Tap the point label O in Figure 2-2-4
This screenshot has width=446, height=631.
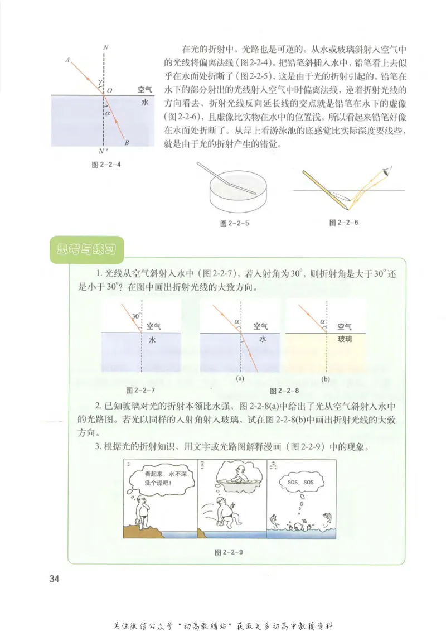tap(109, 89)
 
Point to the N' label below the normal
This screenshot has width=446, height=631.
tap(101, 151)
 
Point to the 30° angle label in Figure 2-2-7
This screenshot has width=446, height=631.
tap(135, 316)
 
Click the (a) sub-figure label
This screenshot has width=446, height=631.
tap(240, 378)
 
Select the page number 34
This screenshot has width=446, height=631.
tap(54, 578)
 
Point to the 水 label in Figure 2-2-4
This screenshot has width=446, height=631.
tap(144, 103)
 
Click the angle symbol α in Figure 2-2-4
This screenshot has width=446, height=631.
tap(109, 113)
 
